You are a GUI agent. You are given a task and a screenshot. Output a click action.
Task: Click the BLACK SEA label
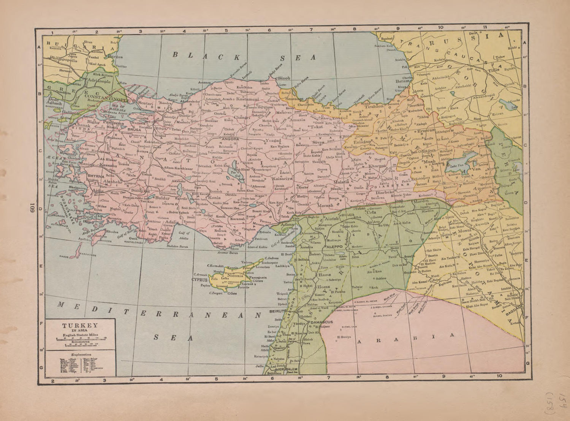244,57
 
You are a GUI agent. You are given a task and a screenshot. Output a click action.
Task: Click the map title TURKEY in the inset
80,326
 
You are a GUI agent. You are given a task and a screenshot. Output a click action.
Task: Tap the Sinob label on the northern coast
284,78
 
